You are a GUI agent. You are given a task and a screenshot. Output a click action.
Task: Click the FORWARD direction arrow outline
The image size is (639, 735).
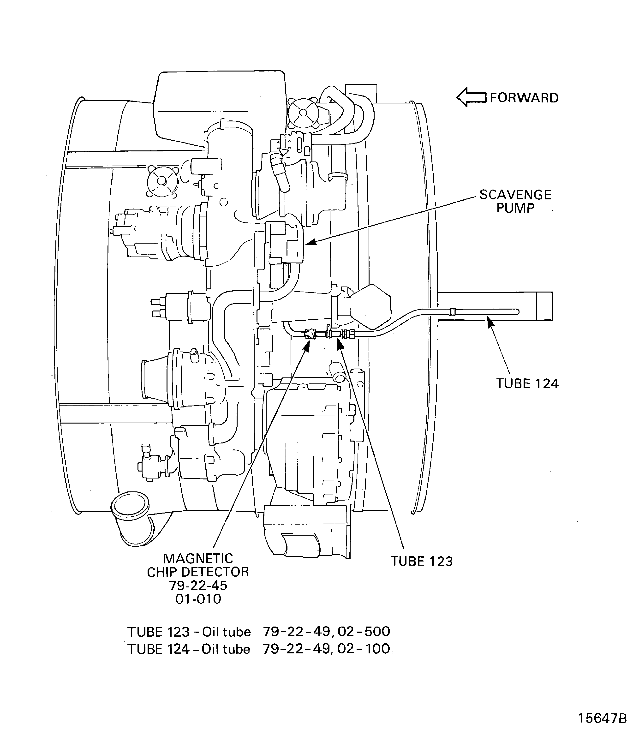(x=471, y=97)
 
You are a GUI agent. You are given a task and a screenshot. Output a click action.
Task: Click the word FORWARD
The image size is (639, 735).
(x=524, y=98)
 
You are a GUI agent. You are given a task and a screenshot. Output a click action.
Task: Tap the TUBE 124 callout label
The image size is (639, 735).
(x=527, y=384)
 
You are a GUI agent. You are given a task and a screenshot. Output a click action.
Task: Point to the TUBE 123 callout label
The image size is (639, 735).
(x=422, y=561)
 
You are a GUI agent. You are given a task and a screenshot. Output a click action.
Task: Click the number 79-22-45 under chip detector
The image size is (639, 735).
(x=198, y=586)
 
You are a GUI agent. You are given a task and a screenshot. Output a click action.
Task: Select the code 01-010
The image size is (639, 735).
(x=198, y=599)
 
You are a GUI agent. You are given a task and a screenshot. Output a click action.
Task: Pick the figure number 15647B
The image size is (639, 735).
(x=602, y=718)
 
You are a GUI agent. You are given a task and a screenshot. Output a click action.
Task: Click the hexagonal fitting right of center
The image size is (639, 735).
(x=371, y=306)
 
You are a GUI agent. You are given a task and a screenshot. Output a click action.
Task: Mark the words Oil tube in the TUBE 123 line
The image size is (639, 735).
(x=227, y=632)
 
